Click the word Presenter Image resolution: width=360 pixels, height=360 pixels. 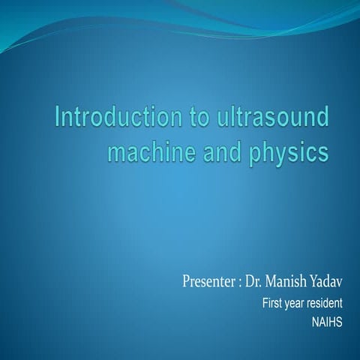[208, 283]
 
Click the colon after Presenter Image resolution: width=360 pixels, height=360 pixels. [240, 284]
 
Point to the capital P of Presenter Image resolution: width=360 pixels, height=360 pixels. [186, 283]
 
